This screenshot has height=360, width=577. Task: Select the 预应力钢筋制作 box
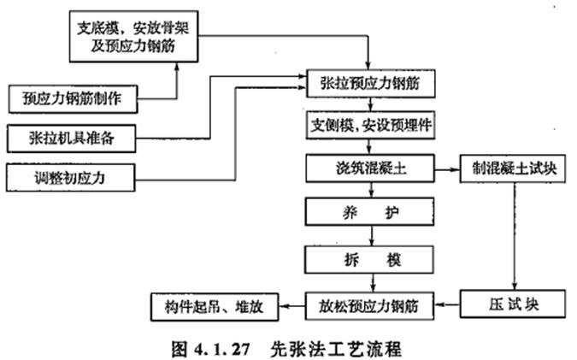[74, 99]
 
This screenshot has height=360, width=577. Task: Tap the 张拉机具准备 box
[74, 137]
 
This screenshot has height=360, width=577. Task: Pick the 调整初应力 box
[74, 177]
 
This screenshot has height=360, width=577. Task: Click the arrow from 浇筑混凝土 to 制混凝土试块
[446, 168]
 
